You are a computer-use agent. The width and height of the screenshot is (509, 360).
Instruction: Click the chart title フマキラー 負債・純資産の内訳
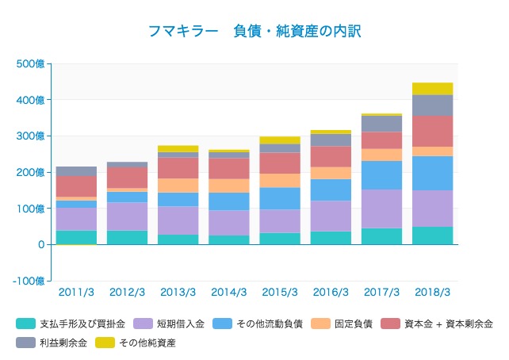(x=254, y=31)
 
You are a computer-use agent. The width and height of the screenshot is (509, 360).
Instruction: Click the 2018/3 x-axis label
(x=433, y=292)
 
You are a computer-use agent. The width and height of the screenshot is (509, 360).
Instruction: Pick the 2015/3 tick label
(x=280, y=292)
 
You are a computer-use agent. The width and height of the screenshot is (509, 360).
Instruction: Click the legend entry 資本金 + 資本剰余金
(x=448, y=324)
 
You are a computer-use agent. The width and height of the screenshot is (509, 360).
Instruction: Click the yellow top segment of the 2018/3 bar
(x=433, y=88)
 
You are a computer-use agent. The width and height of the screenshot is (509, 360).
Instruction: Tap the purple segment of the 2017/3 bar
(x=381, y=209)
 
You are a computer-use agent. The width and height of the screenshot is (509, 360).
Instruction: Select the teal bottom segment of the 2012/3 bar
(x=127, y=237)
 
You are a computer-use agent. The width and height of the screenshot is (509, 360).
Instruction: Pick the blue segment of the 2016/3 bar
(x=331, y=190)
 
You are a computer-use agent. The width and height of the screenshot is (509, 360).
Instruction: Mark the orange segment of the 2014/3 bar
(x=228, y=186)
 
